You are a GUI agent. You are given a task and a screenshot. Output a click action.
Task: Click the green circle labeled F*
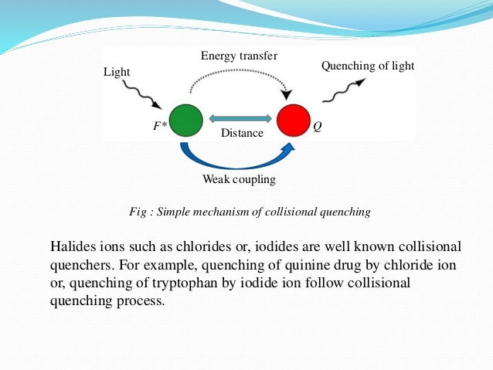coord(185,121)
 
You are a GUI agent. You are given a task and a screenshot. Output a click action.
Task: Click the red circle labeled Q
coord(293,121)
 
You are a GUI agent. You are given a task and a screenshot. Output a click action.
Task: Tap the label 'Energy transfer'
coord(239,56)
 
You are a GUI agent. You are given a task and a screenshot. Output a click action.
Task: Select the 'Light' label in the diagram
coord(117,72)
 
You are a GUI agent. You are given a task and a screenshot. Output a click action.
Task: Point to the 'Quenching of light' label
coord(367,66)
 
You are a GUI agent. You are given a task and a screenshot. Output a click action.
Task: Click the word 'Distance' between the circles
coord(242,133)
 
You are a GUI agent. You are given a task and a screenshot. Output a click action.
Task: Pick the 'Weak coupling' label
coord(239,179)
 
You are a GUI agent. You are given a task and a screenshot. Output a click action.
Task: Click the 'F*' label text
coord(160,124)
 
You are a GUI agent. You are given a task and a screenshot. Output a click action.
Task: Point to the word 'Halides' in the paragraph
coord(71,246)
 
